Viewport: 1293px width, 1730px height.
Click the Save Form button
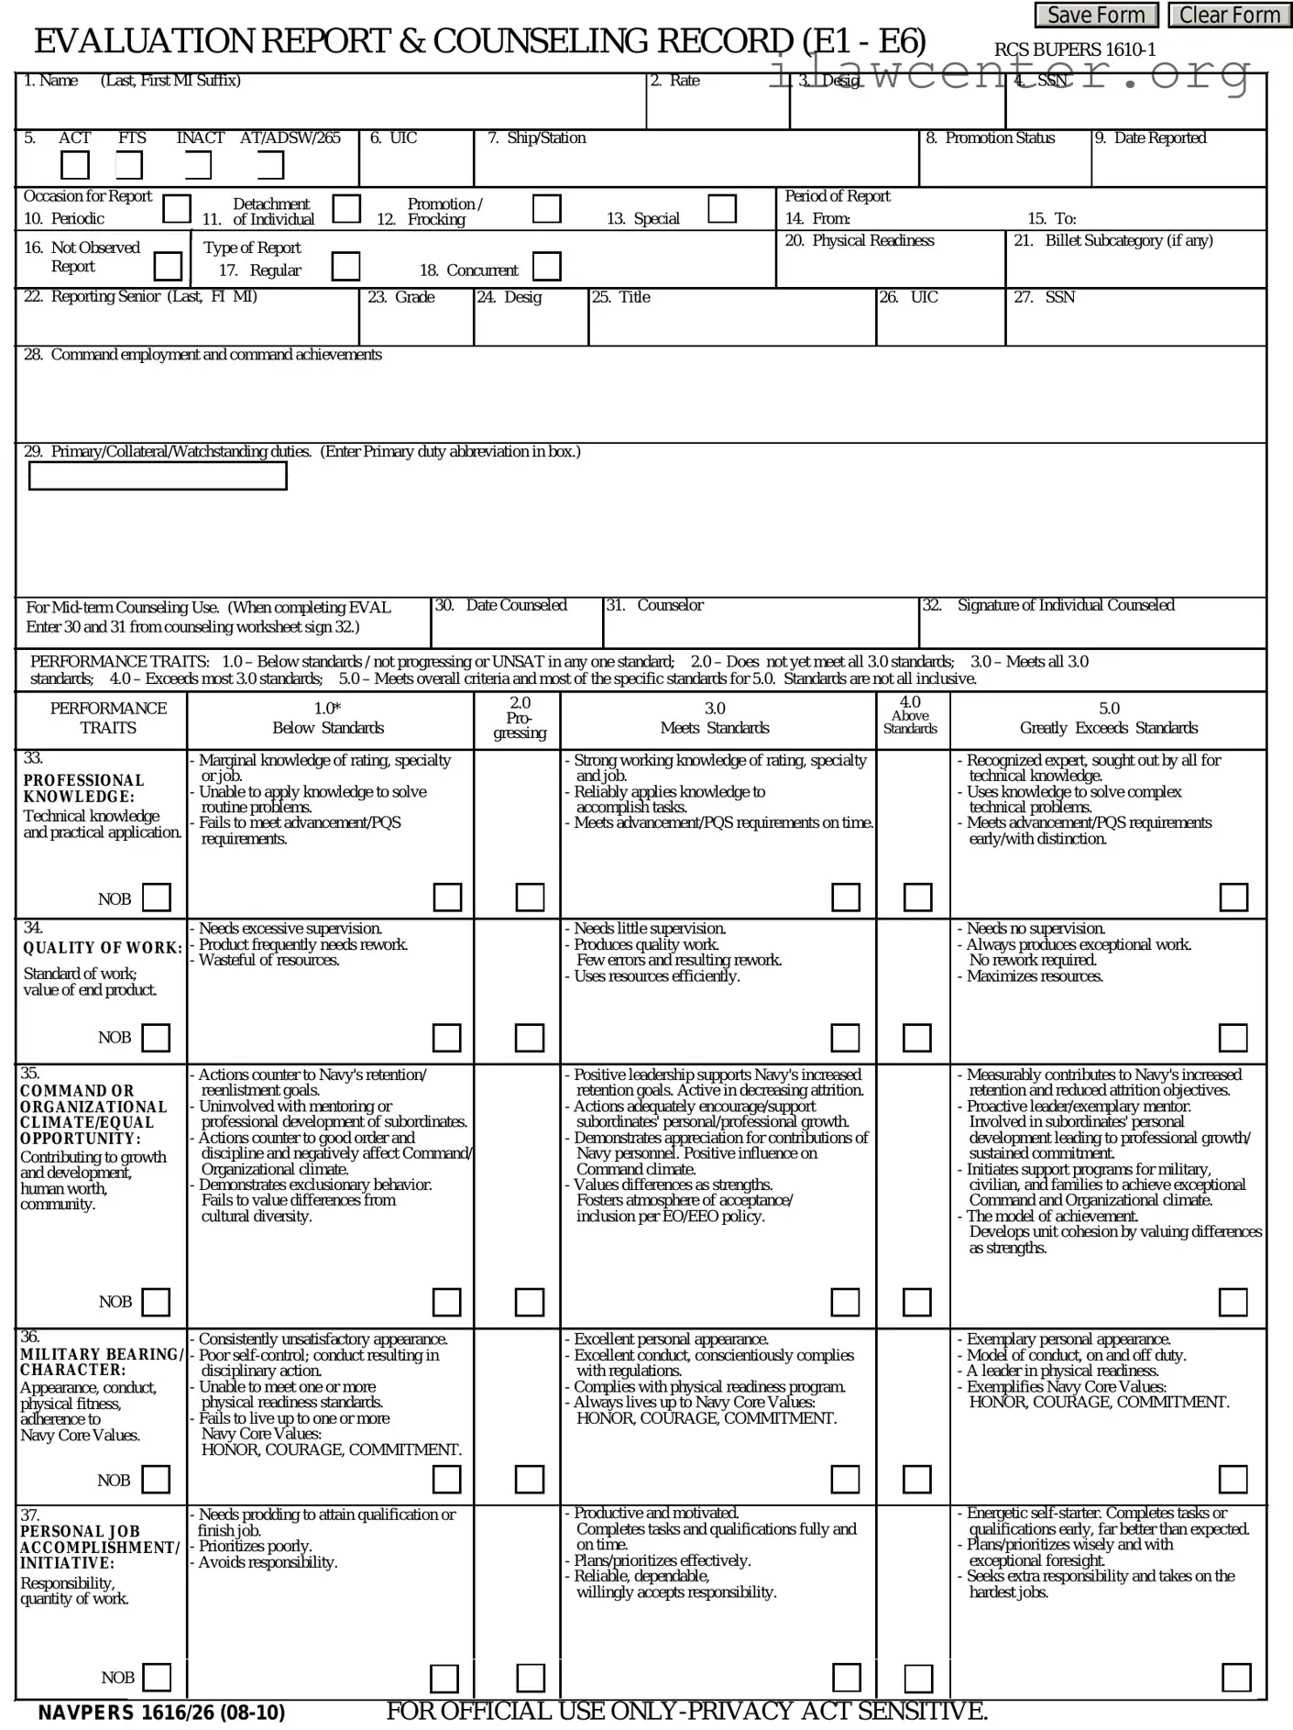(x=1096, y=16)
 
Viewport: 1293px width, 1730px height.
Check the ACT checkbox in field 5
(x=75, y=166)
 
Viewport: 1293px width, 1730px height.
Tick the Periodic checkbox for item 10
(x=177, y=209)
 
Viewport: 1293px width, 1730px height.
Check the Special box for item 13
(x=722, y=209)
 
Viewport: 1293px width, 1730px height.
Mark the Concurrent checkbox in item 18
(x=547, y=267)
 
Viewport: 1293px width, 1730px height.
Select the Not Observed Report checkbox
(x=168, y=267)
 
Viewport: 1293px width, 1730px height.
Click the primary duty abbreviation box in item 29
(x=158, y=476)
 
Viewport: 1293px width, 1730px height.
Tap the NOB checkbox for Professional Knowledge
(x=157, y=898)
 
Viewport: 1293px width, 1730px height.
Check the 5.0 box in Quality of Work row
(x=1233, y=1038)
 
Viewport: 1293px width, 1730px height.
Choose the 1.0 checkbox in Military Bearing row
(x=446, y=1479)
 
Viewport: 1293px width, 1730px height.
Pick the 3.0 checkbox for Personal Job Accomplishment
(x=846, y=1678)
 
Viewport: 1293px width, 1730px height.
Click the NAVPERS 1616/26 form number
(x=161, y=1713)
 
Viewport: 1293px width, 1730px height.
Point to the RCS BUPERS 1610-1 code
(x=1075, y=50)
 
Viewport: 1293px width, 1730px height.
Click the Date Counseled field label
(x=516, y=605)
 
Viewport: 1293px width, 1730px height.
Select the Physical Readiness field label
(x=872, y=240)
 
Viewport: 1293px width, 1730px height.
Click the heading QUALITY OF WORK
(x=103, y=948)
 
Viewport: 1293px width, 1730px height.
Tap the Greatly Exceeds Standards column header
(x=1109, y=728)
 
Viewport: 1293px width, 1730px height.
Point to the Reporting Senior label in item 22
(x=153, y=297)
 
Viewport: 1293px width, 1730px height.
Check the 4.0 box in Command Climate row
(x=916, y=1302)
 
